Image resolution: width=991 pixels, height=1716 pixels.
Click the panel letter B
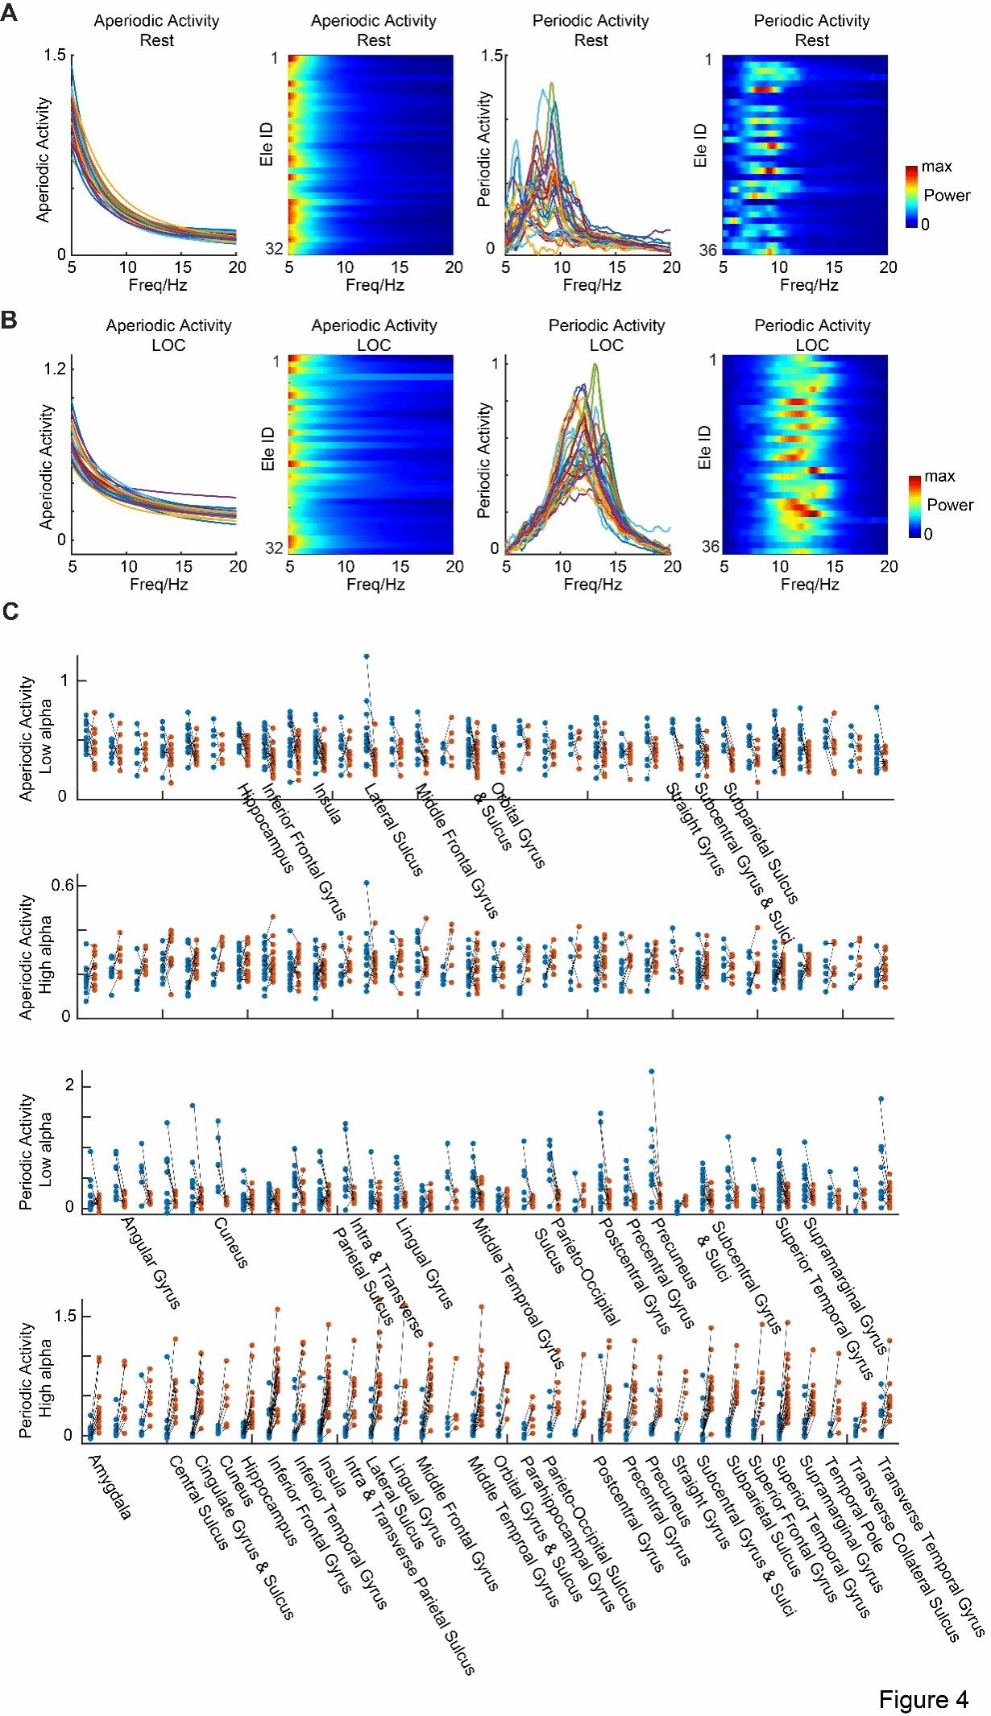coord(9,320)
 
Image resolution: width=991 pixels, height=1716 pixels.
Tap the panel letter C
coord(10,611)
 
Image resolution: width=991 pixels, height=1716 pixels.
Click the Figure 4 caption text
coord(923,1699)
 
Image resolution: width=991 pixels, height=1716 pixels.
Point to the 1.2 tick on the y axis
coord(55,369)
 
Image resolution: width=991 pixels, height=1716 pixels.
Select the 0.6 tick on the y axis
coord(63,885)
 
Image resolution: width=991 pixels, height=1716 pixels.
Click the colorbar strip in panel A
coord(911,197)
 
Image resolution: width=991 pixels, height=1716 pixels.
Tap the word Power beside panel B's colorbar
coord(950,505)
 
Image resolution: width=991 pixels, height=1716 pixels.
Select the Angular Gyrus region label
coord(151,1262)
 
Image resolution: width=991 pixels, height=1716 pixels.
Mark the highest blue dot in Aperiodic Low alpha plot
coord(367,656)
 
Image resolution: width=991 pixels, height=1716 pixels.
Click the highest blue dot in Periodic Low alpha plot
coord(651,1071)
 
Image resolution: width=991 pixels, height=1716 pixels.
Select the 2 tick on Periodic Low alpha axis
coord(69,1085)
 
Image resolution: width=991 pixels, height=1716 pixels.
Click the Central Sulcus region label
coord(198,1503)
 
